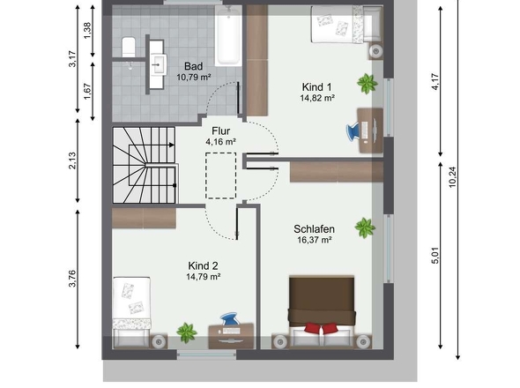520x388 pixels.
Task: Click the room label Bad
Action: pos(193,66)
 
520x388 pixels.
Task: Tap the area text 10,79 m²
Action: pos(194,78)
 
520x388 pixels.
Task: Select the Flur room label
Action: pos(221,131)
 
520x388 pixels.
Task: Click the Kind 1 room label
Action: pos(316,87)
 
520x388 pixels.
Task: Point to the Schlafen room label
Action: pos(314,229)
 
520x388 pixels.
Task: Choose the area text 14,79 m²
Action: pos(204,277)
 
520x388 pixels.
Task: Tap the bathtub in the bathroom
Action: pos(228,35)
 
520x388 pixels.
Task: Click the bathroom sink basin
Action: pos(160,64)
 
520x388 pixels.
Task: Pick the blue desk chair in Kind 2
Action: pos(230,318)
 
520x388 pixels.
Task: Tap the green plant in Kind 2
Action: pos(187,332)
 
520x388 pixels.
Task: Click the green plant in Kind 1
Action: pos(368,84)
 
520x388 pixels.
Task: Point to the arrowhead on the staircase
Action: pos(172,145)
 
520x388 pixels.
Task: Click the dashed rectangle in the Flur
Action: pos(221,175)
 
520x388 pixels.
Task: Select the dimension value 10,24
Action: pos(453,176)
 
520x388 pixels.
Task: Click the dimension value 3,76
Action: pos(72,279)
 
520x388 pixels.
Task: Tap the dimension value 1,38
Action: pos(87,30)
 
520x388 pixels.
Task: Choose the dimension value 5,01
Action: pos(435,255)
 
